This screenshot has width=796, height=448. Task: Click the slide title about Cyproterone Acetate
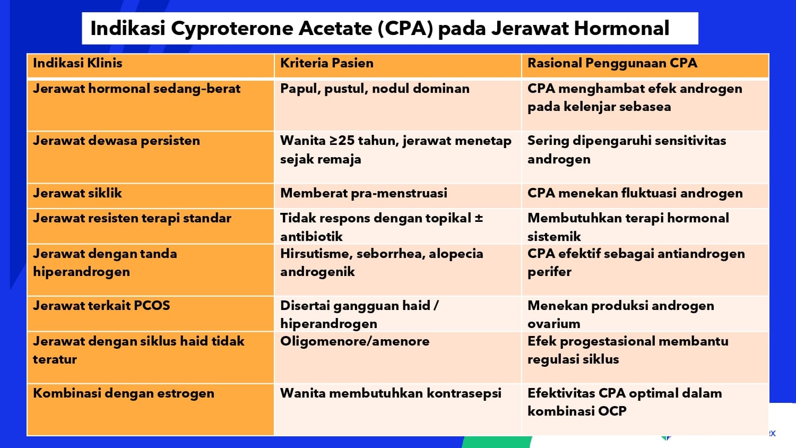(x=379, y=29)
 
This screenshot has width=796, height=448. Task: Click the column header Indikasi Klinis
(x=77, y=63)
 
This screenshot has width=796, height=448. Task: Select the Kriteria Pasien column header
(x=326, y=63)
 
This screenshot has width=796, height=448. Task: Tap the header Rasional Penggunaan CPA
(x=612, y=63)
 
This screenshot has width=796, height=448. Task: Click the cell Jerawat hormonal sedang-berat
(x=136, y=89)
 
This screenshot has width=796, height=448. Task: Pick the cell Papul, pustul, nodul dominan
(x=375, y=89)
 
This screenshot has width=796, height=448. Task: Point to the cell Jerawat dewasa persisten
(x=116, y=141)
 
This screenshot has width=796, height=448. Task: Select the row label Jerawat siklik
(x=77, y=193)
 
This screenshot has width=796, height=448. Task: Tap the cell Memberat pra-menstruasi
(x=364, y=193)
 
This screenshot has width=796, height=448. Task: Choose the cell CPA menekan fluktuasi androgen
(x=635, y=193)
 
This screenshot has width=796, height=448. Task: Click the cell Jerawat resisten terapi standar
(x=132, y=218)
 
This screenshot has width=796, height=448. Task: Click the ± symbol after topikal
(x=479, y=218)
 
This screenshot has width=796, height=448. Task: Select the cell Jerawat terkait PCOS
(x=101, y=306)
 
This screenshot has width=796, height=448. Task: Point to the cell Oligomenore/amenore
(x=354, y=341)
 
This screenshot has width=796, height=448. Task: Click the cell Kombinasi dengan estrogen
(x=124, y=393)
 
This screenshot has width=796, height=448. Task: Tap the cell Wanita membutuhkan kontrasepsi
(x=391, y=393)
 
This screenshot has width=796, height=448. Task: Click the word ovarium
(x=553, y=324)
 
